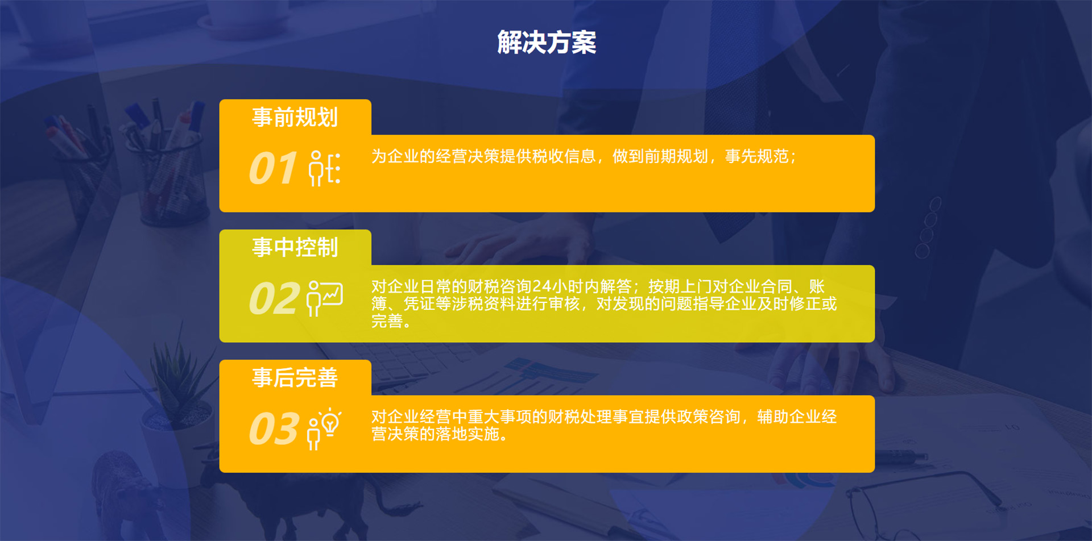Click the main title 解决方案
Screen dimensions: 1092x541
(547, 43)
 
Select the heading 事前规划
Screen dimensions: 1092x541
(295, 117)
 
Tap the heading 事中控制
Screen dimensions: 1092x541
(295, 247)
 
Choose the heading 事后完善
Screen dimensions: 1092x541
(295, 377)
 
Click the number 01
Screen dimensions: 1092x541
(273, 168)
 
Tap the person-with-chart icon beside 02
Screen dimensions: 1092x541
(325, 298)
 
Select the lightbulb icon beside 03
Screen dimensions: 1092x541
(324, 429)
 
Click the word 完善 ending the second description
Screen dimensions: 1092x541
(387, 321)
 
